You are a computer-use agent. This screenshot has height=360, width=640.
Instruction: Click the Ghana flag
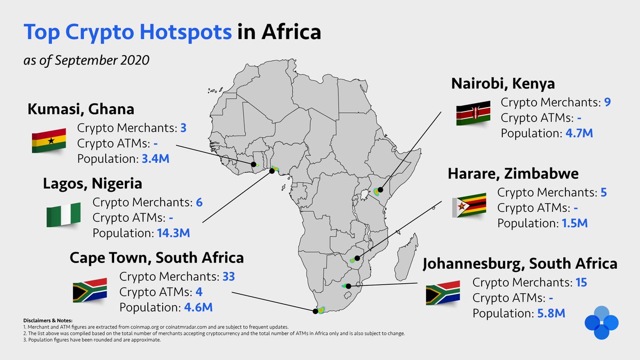[x=49, y=141]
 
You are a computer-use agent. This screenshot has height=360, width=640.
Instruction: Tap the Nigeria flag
[x=63, y=215]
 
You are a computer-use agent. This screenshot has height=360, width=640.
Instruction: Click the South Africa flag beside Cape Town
[x=90, y=291]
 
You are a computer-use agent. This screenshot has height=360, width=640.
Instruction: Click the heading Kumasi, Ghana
[x=81, y=109]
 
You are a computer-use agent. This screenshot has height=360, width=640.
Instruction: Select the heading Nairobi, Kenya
[x=503, y=84]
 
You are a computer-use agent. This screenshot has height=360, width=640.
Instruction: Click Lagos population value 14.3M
[x=173, y=233]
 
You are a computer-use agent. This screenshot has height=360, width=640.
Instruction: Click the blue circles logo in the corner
[x=601, y=323]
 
